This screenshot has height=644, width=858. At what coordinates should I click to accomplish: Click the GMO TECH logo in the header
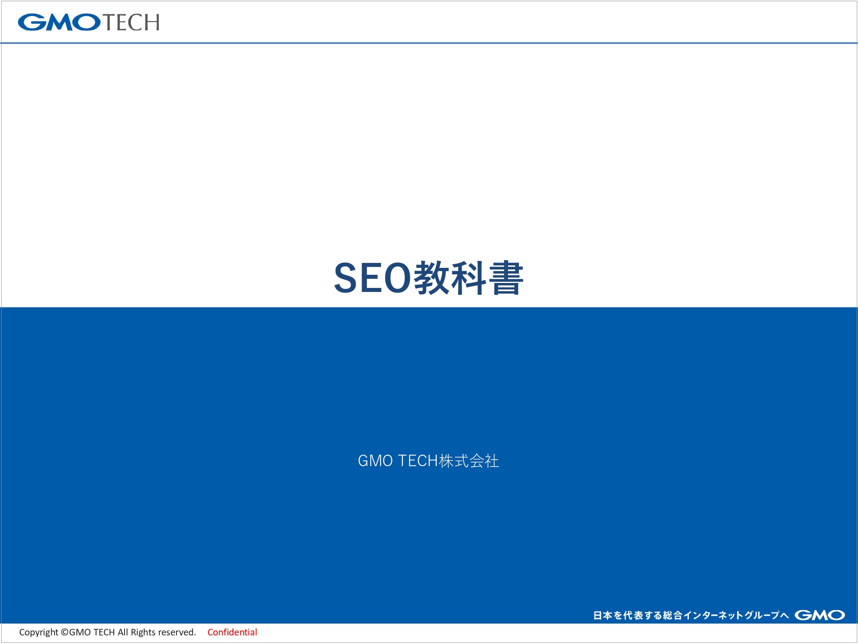pyautogui.click(x=89, y=22)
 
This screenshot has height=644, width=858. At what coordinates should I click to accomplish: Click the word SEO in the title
pyautogui.click(x=373, y=278)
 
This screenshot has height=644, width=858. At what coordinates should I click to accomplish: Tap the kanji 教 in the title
pyautogui.click(x=433, y=278)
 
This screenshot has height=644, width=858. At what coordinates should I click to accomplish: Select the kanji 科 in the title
pyautogui.click(x=469, y=278)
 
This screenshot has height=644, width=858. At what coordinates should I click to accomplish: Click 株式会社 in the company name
pyautogui.click(x=469, y=461)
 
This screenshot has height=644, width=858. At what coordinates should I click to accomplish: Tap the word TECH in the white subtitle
pyautogui.click(x=418, y=461)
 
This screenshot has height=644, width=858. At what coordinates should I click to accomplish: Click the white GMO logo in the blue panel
pyautogui.click(x=820, y=615)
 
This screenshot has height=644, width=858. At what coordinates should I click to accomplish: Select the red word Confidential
pyautogui.click(x=232, y=632)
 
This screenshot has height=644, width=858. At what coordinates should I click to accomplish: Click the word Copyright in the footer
pyautogui.click(x=39, y=633)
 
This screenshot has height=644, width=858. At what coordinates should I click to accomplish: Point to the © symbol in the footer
pyautogui.click(x=65, y=632)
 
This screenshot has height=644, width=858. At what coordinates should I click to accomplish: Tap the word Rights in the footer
pyautogui.click(x=143, y=633)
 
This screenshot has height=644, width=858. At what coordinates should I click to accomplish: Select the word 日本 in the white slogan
pyautogui.click(x=603, y=615)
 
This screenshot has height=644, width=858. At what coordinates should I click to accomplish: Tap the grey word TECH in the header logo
pyautogui.click(x=131, y=22)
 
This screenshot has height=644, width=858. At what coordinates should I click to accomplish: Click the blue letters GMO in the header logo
pyautogui.click(x=59, y=22)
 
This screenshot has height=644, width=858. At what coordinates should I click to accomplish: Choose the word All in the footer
pyautogui.click(x=123, y=632)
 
